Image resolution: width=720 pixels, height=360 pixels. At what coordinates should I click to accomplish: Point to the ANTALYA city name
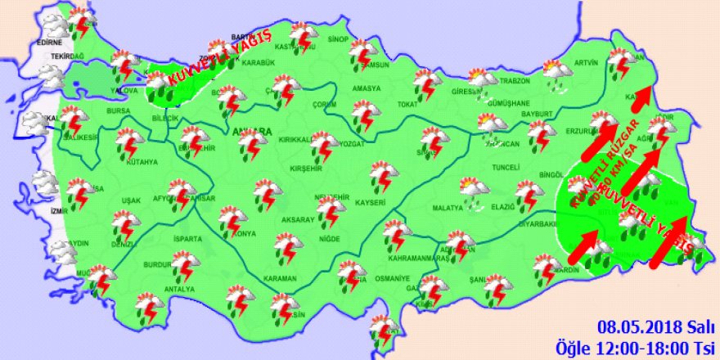pos(180,290)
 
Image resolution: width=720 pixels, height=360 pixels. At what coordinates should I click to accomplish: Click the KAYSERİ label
pos(371,201)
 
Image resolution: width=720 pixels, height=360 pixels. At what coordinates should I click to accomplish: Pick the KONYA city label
pos(245,234)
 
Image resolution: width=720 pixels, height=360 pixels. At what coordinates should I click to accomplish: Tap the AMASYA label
pos(367,88)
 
